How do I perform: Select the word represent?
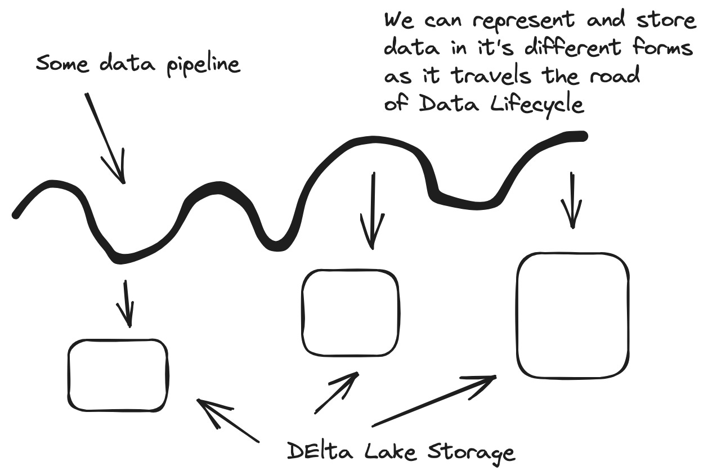(x=522, y=21)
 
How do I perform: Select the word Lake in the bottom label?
(x=384, y=451)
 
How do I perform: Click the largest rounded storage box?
(x=572, y=316)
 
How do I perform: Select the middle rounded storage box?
(x=351, y=312)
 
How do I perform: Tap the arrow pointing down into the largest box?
(x=572, y=200)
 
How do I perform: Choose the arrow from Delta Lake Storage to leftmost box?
(x=228, y=420)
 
